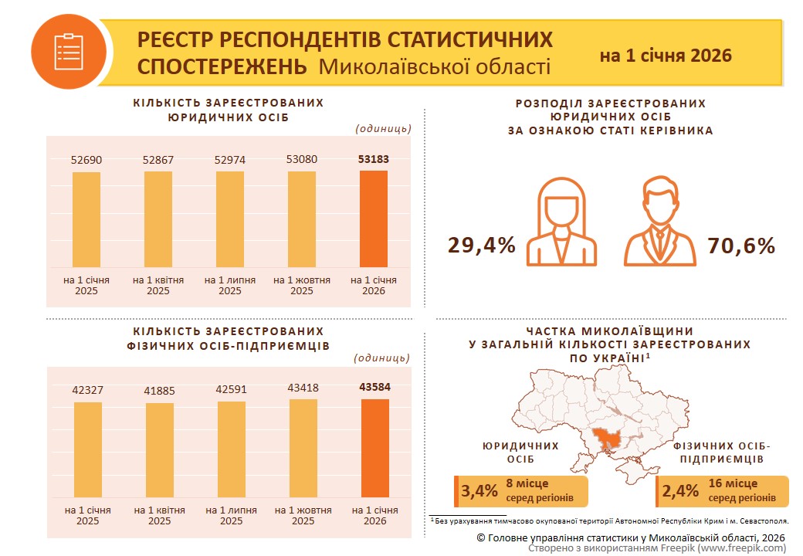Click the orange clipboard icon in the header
pyautogui.click(x=68, y=52)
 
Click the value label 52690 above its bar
pyautogui.click(x=86, y=160)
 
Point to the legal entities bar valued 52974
pyautogui.click(x=229, y=219)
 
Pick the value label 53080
pyautogui.click(x=302, y=160)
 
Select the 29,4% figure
pyautogui.click(x=481, y=246)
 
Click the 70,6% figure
pyautogui.click(x=740, y=246)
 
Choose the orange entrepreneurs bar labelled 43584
pyautogui.click(x=374, y=448)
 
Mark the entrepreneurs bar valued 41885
pyautogui.click(x=159, y=450)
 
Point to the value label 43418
pyautogui.click(x=303, y=387)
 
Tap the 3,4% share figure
pyautogui.click(x=479, y=491)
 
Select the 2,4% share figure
pyautogui.click(x=679, y=491)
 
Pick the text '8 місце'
pyautogui.click(x=527, y=484)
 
